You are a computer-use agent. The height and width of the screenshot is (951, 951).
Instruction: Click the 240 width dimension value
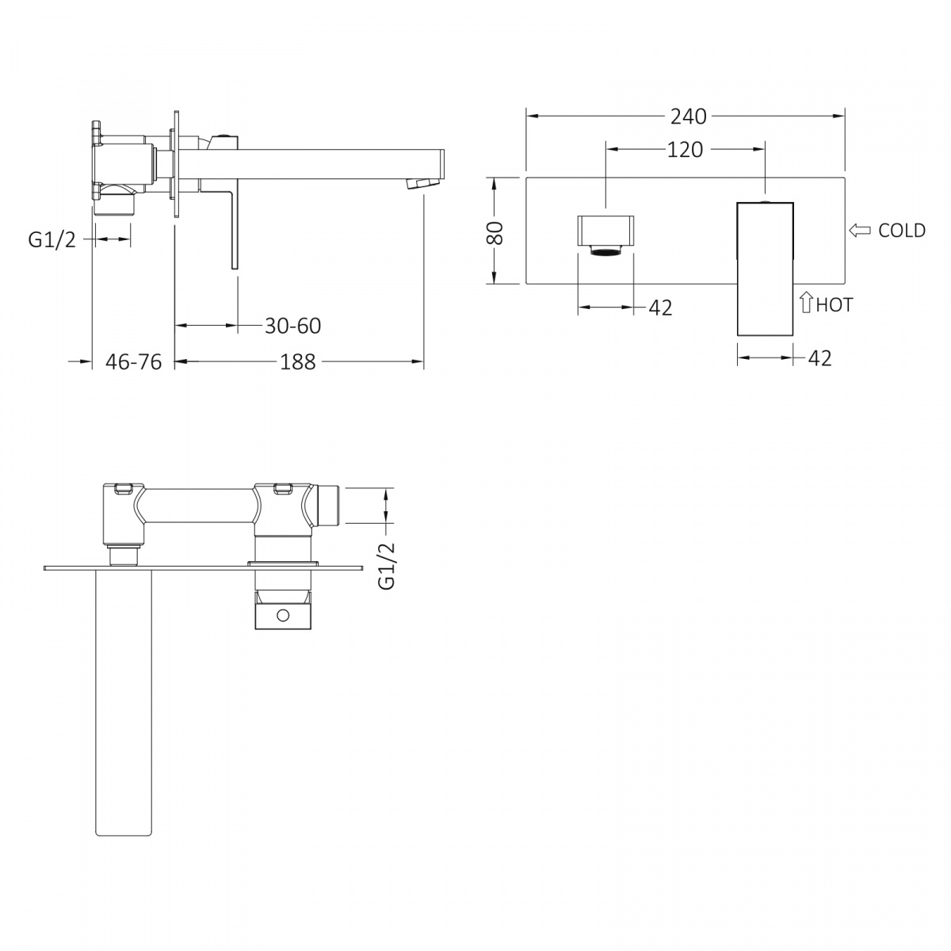click(x=688, y=116)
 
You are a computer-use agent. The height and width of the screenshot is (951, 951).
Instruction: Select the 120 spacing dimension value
click(x=685, y=150)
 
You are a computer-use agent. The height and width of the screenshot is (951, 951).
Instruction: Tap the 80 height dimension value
click(x=495, y=233)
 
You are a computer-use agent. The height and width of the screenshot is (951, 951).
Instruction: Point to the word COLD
click(x=902, y=231)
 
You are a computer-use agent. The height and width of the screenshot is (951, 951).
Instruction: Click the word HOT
click(x=834, y=304)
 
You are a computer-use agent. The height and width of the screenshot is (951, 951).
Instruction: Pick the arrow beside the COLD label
click(x=860, y=230)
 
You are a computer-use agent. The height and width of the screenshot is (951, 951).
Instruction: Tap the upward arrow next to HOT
click(x=806, y=302)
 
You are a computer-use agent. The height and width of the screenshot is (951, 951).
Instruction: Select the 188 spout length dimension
click(x=298, y=361)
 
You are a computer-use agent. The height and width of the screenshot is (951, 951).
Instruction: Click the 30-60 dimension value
click(x=292, y=326)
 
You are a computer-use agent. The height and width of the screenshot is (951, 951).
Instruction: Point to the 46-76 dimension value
click(x=133, y=361)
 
